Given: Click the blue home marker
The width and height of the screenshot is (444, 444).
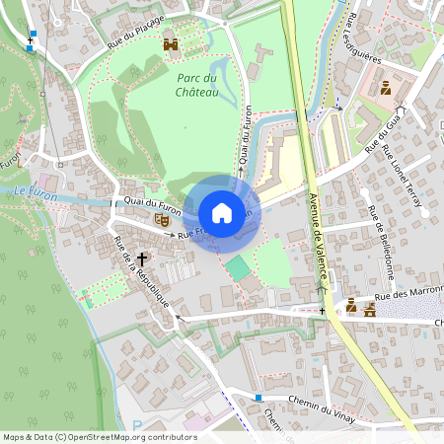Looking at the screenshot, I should pos(222,213).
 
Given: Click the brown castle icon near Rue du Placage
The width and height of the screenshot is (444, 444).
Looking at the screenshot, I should pos(171,45).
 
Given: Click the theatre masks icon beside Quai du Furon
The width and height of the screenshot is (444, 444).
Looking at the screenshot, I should pos(161,219).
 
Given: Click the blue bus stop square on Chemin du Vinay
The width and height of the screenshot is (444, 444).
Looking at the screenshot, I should pos(259,398).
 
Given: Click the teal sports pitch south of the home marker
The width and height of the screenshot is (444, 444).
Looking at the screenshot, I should pos(237,267).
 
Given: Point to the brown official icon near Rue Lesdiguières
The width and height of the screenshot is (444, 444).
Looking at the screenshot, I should pos(386,88).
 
